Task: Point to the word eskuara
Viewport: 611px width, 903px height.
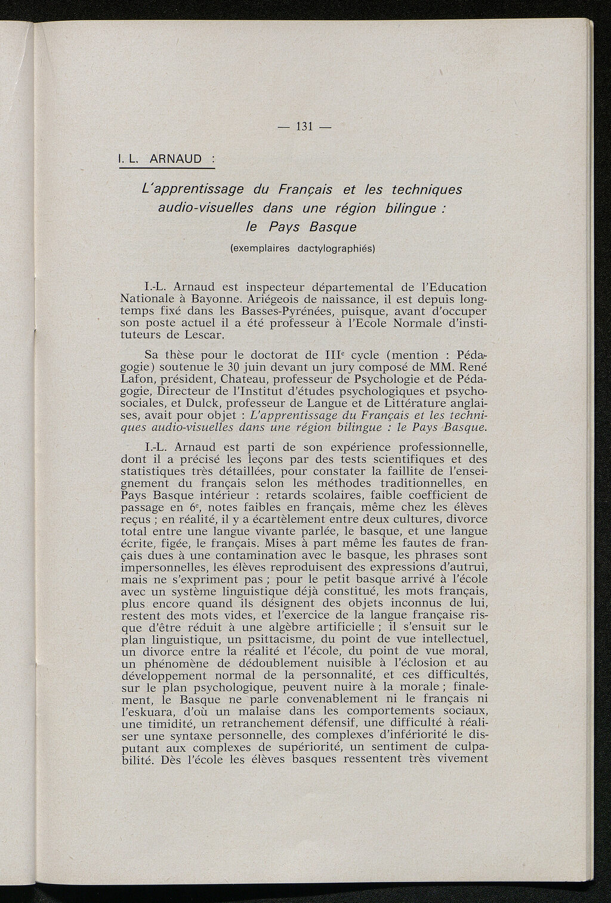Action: coord(150,711)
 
